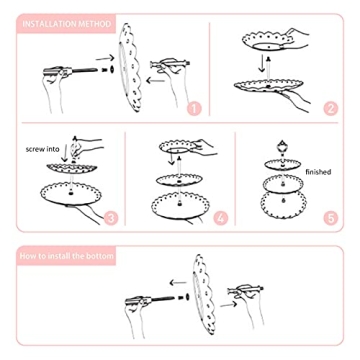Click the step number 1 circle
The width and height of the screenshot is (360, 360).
tap(194, 107)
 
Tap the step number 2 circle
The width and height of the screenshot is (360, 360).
tap(330, 107)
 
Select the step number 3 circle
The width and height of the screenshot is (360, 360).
tap(111, 217)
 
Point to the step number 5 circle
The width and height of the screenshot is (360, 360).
tap(331, 217)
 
